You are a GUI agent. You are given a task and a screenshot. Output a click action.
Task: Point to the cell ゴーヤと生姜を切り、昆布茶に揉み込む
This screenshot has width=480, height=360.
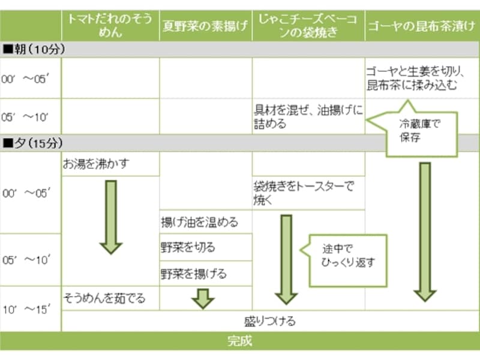pyautogui.click(x=422, y=78)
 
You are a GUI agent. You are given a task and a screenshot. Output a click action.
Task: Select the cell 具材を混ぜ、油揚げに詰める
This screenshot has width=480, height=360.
pyautogui.click(x=308, y=116)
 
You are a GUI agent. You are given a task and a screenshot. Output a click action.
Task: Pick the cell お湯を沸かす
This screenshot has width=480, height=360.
pyautogui.click(x=110, y=164)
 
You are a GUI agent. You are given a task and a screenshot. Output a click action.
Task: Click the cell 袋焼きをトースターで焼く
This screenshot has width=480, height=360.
pyautogui.click(x=308, y=193)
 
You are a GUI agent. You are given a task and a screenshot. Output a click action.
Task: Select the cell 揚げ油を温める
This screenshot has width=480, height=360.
pyautogui.click(x=205, y=222)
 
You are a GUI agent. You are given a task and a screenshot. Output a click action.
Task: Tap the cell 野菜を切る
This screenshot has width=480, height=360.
pyautogui.click(x=205, y=247)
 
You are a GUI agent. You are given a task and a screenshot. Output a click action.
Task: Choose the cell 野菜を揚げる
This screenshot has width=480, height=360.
pyautogui.click(x=205, y=274)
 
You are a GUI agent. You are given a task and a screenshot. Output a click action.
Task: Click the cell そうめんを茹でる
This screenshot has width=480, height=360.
pyautogui.click(x=110, y=298)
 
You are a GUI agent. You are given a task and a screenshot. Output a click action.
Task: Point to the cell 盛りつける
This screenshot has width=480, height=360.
pyautogui.click(x=270, y=321)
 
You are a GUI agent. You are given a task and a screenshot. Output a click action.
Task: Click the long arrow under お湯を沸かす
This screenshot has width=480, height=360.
pyautogui.click(x=110, y=216)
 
